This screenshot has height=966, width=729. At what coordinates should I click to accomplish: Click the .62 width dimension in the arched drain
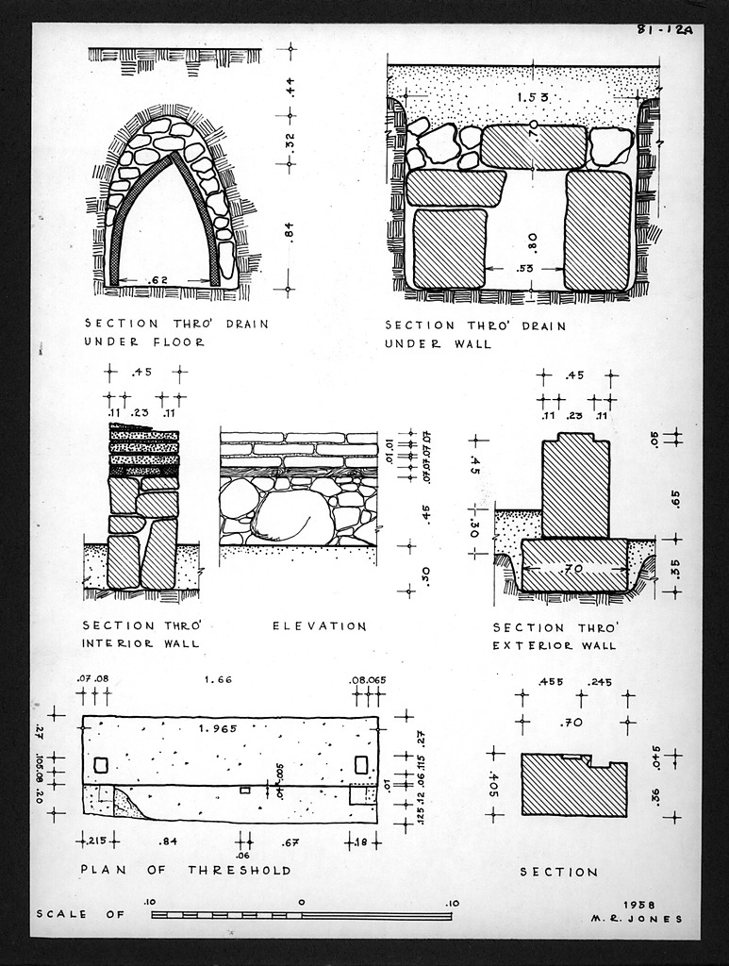[158, 279]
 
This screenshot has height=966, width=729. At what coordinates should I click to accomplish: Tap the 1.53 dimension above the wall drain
[531, 97]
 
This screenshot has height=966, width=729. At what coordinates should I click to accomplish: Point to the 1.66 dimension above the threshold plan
[219, 679]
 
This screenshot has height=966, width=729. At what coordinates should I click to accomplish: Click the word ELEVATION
[319, 625]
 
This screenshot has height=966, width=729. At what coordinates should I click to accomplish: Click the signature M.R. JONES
[637, 919]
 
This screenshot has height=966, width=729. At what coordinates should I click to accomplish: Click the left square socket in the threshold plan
[101, 764]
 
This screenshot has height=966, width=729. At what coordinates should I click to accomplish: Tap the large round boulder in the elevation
[291, 518]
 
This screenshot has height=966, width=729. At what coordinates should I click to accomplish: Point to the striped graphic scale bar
[301, 915]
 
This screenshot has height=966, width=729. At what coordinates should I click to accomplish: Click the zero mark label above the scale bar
[301, 902]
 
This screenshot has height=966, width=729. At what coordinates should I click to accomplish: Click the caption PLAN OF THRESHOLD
[186, 870]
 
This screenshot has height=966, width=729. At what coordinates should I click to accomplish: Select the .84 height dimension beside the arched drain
[290, 230]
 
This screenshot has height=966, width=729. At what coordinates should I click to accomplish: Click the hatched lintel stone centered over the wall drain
[533, 148]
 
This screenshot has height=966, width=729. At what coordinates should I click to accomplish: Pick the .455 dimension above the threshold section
[551, 681]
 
